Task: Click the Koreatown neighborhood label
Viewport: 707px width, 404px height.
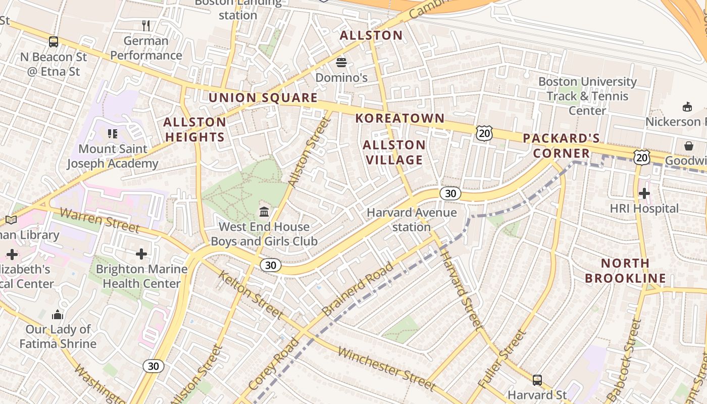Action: pos(399,119)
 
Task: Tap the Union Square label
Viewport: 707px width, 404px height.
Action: pos(263,98)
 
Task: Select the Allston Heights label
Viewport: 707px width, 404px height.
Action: pos(194,130)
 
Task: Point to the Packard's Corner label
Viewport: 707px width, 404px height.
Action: pos(561,146)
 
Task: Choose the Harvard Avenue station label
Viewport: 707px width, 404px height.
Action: pos(412,220)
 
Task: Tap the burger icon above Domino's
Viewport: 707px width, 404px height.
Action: pos(341,63)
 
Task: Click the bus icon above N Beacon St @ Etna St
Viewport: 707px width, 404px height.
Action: pos(53,42)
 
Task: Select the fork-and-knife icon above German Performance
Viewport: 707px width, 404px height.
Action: pos(146,26)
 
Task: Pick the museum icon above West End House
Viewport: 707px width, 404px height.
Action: pos(264,211)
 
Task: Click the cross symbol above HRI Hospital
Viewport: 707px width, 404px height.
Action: pos(644,193)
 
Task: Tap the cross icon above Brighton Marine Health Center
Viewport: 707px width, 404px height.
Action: pos(141,254)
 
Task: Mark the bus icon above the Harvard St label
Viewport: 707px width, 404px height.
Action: pos(537,380)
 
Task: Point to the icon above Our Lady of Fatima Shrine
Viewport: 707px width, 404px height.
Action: pos(58,315)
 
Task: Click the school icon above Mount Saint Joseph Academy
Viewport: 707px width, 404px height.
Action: pos(113,134)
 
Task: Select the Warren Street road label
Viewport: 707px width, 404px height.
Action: pos(99,220)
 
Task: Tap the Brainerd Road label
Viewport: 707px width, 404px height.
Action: pos(357,289)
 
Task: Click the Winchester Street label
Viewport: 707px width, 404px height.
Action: pos(386,368)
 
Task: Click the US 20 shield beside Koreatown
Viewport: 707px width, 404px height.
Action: pos(483,133)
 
